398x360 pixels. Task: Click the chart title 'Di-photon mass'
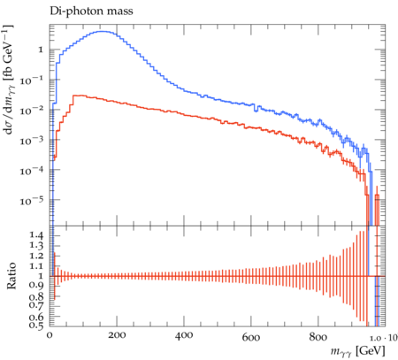tap(91, 11)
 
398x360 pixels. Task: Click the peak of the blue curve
tap(103, 31)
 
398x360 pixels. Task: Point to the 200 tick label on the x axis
tap(117, 335)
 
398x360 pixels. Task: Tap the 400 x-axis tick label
tap(184, 335)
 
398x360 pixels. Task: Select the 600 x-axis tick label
tap(251, 336)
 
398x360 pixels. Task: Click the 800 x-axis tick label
tap(318, 336)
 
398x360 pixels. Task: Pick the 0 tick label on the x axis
tap(50, 335)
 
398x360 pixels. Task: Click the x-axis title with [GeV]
tap(357, 351)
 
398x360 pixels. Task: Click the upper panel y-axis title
tap(9, 80)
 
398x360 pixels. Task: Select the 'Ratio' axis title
tap(11, 275)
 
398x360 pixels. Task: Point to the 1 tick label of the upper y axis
tap(41, 50)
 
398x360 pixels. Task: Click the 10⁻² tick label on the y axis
tap(32, 111)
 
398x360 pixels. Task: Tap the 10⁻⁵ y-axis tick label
tap(32, 201)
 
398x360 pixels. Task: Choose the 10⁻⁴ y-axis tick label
tap(32, 171)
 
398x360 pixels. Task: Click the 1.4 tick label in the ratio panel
tap(36, 235)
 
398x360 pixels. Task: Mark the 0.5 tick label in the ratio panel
tap(36, 325)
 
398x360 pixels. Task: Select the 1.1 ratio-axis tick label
tap(36, 266)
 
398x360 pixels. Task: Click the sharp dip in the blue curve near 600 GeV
tap(256, 111)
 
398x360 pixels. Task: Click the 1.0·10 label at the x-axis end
tap(384, 337)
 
